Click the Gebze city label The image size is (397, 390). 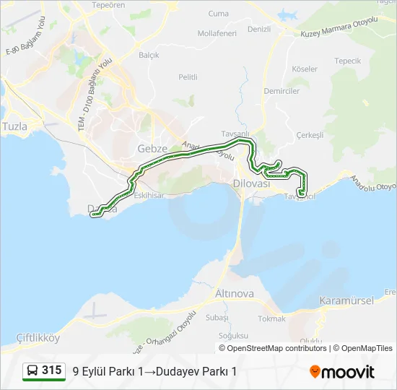coord(152,149)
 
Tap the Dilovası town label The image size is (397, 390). coord(251,184)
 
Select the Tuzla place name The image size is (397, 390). coord(14,126)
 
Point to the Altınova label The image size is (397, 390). coord(235,294)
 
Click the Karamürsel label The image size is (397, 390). coord(346,300)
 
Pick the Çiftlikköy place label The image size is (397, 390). coord(37,338)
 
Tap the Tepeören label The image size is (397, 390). coord(109,5)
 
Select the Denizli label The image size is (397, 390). coord(258,30)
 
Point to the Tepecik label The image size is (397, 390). coord(347,61)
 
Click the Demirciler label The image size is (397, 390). coord(282,92)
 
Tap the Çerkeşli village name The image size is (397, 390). coord(310,135)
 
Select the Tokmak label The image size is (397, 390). coord(272,318)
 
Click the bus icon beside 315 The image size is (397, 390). coord(32,371)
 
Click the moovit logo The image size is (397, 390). coord(343,372)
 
